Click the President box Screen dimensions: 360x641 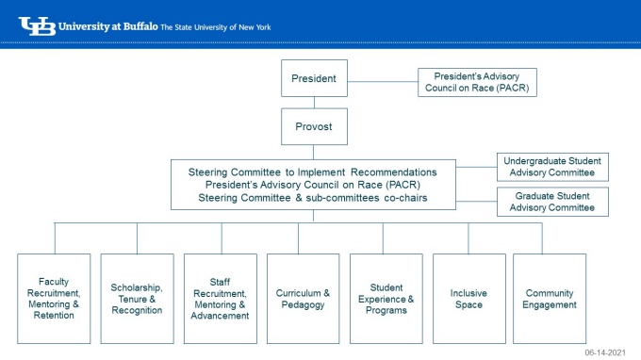314,78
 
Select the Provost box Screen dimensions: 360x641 314,125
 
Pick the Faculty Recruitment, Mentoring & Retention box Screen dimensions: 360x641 54,298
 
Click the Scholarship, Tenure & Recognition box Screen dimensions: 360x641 137,298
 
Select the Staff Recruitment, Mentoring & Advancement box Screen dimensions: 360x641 220,298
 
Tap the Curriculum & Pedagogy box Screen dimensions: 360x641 303,298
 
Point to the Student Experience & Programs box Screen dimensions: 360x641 386,298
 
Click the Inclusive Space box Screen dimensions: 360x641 468,298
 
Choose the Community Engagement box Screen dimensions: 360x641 550,298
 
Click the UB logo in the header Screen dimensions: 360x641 36,26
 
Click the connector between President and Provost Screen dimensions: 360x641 314,102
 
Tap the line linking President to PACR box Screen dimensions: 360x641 383,79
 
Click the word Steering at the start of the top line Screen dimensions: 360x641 210,172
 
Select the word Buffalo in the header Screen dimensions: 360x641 138,26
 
